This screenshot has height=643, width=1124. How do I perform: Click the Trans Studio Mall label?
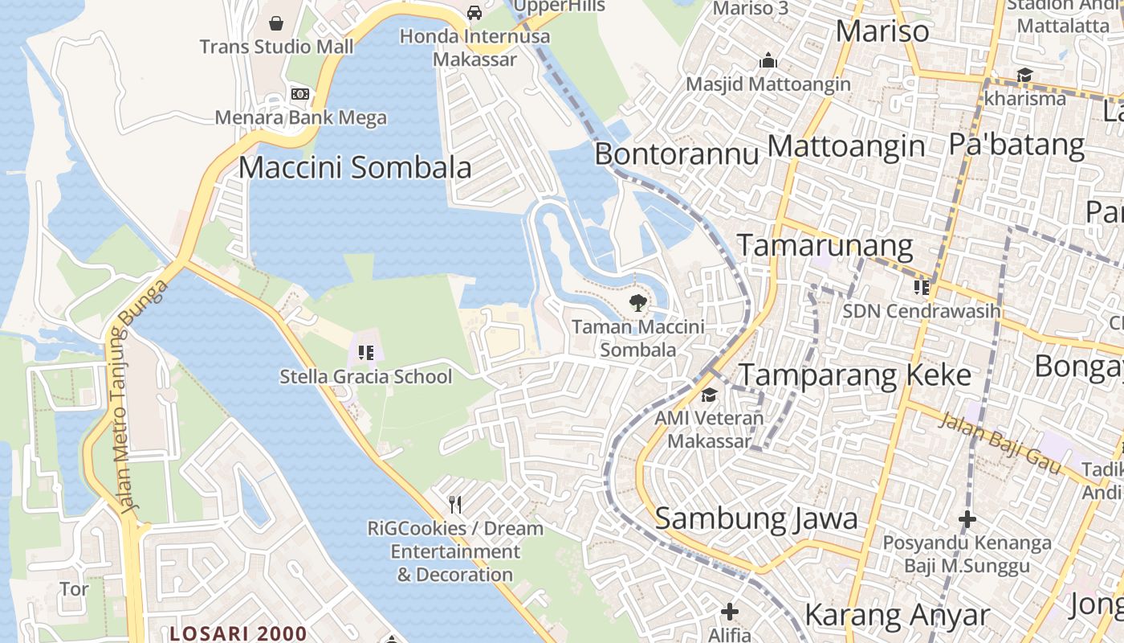[x=276, y=47]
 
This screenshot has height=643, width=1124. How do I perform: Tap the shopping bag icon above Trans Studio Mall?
[x=276, y=23]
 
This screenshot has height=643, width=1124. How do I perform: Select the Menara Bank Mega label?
[x=300, y=118]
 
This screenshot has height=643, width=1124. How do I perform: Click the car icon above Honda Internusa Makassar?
[x=474, y=13]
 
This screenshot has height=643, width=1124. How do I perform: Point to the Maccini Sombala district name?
[x=355, y=168]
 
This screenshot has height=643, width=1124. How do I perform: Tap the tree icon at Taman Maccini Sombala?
[x=637, y=303]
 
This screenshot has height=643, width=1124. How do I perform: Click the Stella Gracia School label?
[x=366, y=376]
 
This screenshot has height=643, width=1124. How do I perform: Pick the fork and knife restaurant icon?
[x=455, y=504]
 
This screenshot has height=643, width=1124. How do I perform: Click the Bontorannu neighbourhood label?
[x=676, y=154]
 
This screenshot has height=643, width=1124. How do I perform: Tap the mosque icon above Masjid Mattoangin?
[x=768, y=61]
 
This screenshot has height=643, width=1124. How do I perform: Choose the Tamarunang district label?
[x=825, y=245]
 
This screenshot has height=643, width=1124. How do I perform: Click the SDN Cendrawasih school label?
[x=922, y=310]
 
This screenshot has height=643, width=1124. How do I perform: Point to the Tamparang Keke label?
[x=855, y=375]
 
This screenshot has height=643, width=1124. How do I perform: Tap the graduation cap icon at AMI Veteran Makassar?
[x=709, y=395]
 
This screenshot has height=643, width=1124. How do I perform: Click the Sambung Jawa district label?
[x=756, y=518]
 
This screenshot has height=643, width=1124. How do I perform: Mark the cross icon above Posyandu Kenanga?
[x=967, y=519]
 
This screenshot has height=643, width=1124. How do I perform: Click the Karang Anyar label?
[x=897, y=616]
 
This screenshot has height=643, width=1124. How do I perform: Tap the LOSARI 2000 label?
[x=238, y=633]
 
